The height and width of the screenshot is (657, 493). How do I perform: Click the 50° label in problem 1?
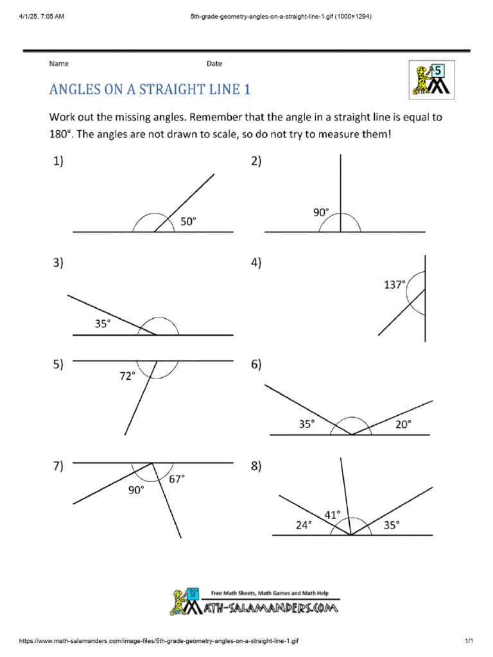point(187,221)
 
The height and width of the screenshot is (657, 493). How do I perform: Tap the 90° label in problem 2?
point(321,212)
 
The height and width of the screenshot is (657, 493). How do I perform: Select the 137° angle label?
point(395,284)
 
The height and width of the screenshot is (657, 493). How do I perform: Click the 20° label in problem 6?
point(403,423)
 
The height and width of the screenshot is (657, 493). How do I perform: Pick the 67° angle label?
point(177,478)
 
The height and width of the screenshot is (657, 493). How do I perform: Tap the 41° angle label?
point(333,514)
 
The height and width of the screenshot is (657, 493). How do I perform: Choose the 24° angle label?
point(304,524)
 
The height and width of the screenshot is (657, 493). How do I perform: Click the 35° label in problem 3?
point(103,324)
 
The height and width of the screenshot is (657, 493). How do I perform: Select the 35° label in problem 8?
point(390,524)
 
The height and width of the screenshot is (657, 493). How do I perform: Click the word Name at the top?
point(58,64)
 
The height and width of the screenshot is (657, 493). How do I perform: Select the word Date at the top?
point(214,64)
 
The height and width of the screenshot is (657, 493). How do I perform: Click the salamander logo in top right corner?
point(431,80)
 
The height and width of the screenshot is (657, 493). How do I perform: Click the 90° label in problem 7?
point(135,490)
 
